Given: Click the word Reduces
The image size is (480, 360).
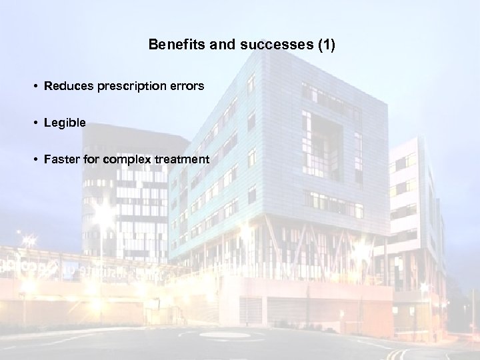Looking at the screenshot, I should [65, 87].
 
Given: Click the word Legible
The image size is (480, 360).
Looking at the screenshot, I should [62, 123].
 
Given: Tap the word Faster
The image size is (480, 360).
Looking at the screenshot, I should [61, 159].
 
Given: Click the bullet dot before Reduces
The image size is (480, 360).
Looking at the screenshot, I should [33, 87].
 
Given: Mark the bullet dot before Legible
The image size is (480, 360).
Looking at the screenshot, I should [33, 123].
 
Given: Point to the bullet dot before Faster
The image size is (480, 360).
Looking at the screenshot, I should [33, 159].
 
